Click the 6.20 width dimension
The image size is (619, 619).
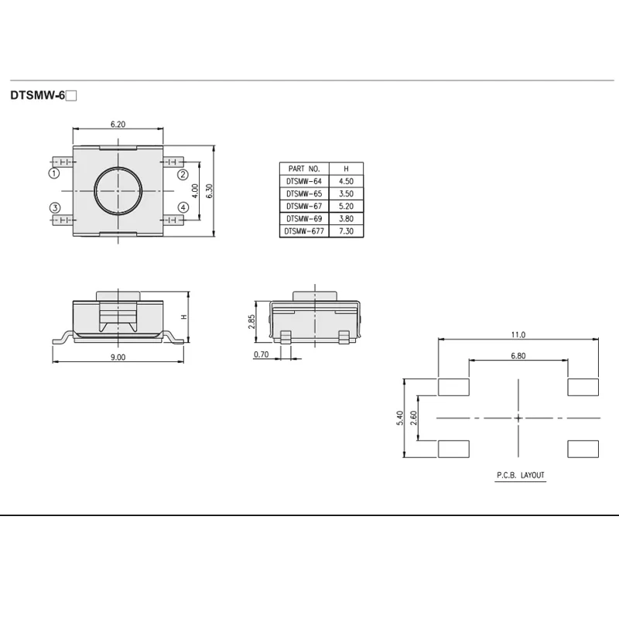(x=118, y=125)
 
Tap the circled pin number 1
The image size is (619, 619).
(x=54, y=173)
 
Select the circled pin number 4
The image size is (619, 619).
(x=183, y=207)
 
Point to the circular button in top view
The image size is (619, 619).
(x=118, y=191)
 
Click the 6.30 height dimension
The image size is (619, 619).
(x=210, y=191)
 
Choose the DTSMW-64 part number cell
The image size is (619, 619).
(x=304, y=181)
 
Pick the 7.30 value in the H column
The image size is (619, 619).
(x=346, y=231)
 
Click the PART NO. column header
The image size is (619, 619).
(x=304, y=169)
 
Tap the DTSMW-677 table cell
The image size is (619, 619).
(x=304, y=231)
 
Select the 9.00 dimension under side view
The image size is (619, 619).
(x=118, y=357)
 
